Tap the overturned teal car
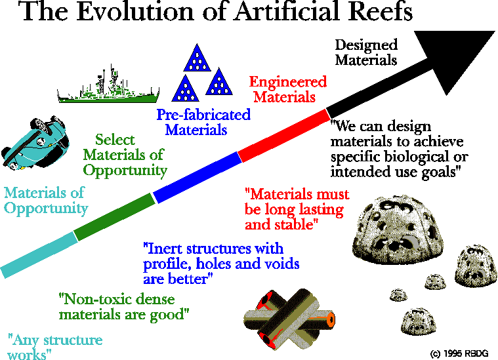point(35,143)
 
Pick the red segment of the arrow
point(284,136)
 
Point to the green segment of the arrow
point(115,217)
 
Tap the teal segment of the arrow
point(39,255)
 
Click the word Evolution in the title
point(135,11)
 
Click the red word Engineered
point(288,82)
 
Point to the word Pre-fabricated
point(203,115)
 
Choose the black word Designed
point(366,45)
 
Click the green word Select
point(115,140)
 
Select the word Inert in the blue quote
point(163,249)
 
